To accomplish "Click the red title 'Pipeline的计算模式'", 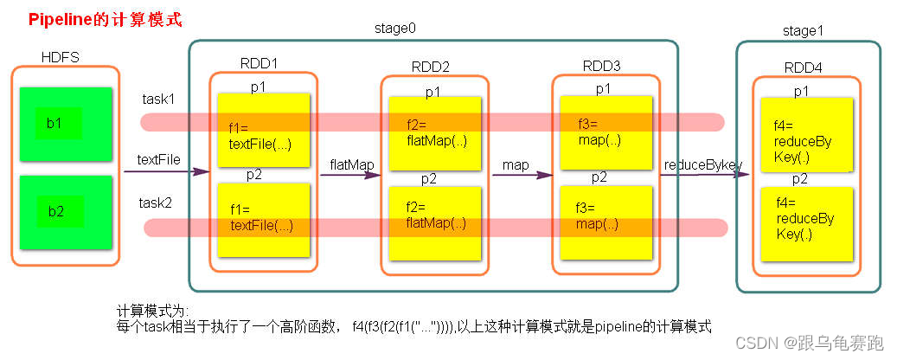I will pyautogui.click(x=105, y=18).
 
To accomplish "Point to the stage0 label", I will pyautogui.click(x=394, y=29).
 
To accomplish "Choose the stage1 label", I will pyautogui.click(x=803, y=32).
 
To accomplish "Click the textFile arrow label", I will pyautogui.click(x=158, y=160).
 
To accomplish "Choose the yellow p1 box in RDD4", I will pyautogui.click(x=806, y=134).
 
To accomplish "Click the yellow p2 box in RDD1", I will pyautogui.click(x=263, y=220).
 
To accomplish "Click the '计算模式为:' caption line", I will pyautogui.click(x=151, y=311).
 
